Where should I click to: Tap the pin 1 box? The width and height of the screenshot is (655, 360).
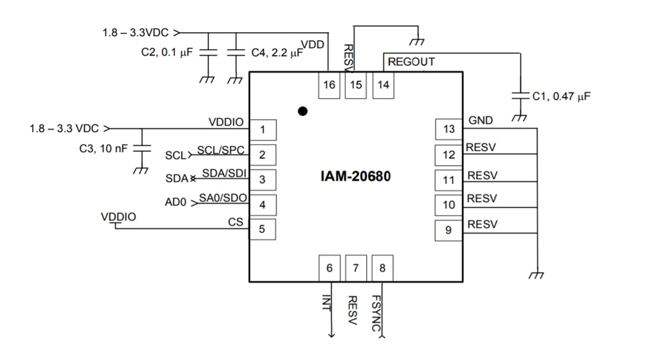click(x=262, y=130)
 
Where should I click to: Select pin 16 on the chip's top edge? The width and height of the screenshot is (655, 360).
click(x=329, y=85)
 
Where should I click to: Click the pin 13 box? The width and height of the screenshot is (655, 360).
click(x=449, y=129)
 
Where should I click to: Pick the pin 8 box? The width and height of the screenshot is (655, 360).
click(x=383, y=268)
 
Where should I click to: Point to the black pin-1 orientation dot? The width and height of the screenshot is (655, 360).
click(x=302, y=111)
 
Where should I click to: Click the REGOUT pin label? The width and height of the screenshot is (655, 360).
click(x=411, y=62)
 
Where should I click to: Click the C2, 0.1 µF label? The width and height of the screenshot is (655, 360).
click(x=167, y=53)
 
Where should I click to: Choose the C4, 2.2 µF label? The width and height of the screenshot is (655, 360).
click(x=277, y=53)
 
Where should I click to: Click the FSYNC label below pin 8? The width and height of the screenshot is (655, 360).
click(x=377, y=313)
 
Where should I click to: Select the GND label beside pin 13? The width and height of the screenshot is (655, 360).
click(x=481, y=120)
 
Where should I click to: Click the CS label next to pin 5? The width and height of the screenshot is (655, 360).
click(x=236, y=222)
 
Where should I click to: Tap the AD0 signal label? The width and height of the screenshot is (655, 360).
click(x=176, y=203)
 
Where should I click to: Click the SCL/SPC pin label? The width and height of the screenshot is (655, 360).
click(x=221, y=150)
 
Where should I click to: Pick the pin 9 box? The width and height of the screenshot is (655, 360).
click(x=449, y=230)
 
